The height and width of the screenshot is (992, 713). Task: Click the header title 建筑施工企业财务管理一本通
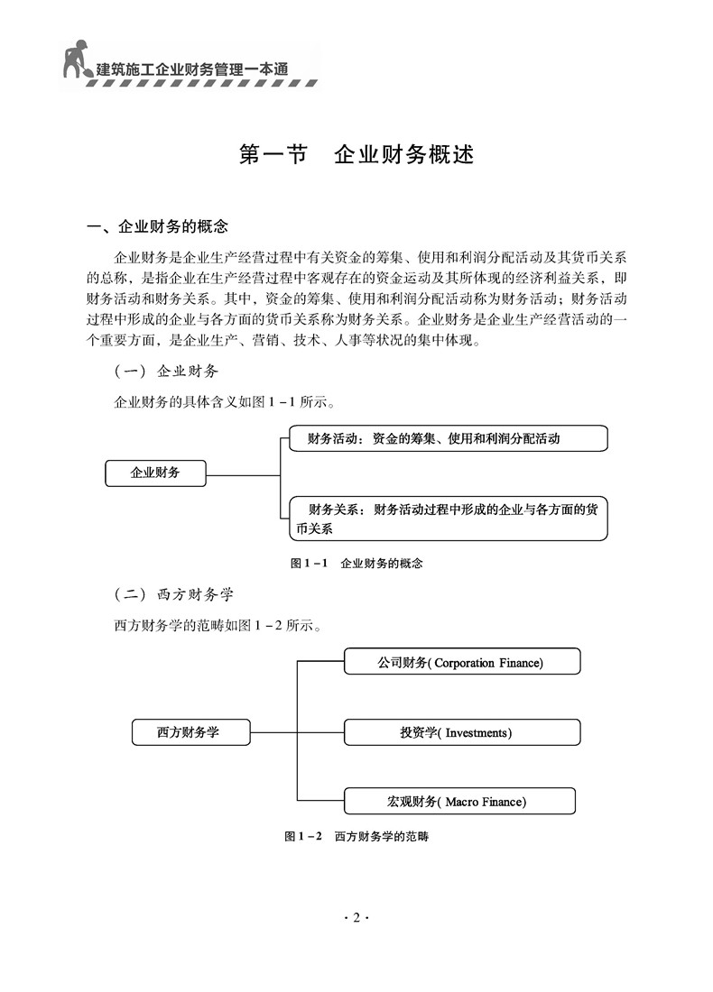tap(199, 66)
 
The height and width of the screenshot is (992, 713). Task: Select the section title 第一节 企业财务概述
tap(356, 154)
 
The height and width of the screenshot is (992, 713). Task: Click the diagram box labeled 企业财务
tap(155, 473)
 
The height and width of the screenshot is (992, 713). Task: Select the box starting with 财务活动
tap(448, 439)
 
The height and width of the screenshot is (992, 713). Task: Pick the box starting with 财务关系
tap(448, 519)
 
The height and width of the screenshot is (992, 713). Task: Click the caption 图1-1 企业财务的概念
tap(356, 564)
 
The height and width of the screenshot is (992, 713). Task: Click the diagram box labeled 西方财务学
tap(190, 732)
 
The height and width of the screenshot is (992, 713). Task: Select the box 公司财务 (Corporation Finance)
tap(461, 663)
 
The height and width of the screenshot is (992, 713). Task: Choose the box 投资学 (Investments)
tap(461, 732)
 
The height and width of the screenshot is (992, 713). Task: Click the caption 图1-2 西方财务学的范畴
tap(356, 836)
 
